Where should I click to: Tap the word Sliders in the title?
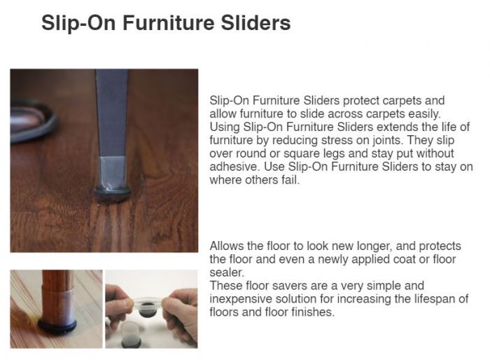tap(256, 23)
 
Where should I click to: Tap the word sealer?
tap(226, 272)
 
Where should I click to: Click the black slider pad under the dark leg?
tap(113, 193)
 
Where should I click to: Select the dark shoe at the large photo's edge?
tap(33, 120)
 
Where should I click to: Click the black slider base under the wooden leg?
tap(57, 326)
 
